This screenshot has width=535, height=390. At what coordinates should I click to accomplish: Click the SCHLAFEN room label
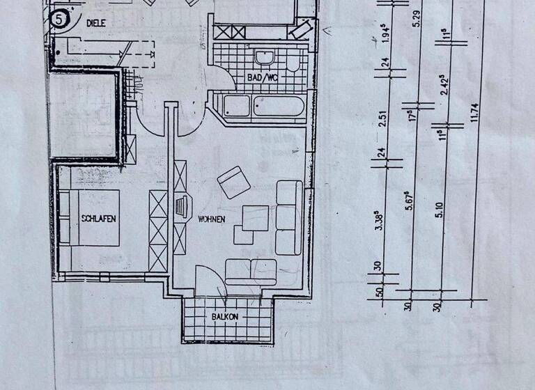click(98, 218)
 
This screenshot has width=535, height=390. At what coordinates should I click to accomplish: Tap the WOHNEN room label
click(211, 220)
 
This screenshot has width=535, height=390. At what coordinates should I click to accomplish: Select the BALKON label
click(225, 317)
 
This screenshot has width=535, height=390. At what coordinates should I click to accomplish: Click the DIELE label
click(95, 22)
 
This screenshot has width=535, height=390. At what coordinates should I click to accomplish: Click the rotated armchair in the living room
click(233, 182)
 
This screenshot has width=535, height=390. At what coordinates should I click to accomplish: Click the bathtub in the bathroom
click(279, 108)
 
